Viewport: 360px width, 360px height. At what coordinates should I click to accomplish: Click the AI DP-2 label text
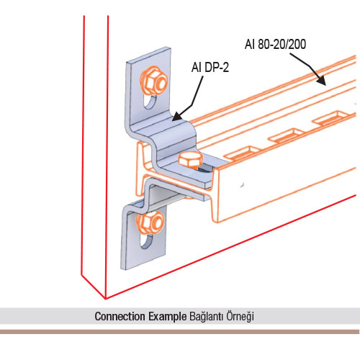click(x=210, y=67)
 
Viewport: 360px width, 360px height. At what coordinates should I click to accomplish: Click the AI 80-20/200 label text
click(x=275, y=45)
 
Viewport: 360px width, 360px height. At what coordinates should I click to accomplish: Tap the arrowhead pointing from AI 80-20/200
click(x=321, y=80)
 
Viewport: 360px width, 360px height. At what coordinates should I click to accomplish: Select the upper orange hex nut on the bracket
click(x=153, y=81)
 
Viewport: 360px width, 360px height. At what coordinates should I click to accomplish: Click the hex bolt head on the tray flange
click(x=191, y=161)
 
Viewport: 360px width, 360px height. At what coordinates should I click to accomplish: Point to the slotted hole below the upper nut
click(x=150, y=102)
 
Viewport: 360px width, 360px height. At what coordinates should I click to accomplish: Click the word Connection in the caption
click(x=120, y=316)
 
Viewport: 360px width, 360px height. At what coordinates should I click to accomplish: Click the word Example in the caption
click(x=167, y=317)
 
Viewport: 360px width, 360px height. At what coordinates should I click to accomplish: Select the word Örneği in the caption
click(x=240, y=317)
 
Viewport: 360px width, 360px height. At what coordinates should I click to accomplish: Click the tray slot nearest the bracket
click(x=243, y=152)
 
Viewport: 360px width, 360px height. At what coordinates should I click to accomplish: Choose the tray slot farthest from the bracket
click(x=330, y=117)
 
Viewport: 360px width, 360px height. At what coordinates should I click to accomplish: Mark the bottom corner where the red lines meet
click(x=105, y=299)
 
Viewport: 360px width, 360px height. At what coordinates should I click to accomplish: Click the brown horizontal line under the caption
click(x=179, y=332)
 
